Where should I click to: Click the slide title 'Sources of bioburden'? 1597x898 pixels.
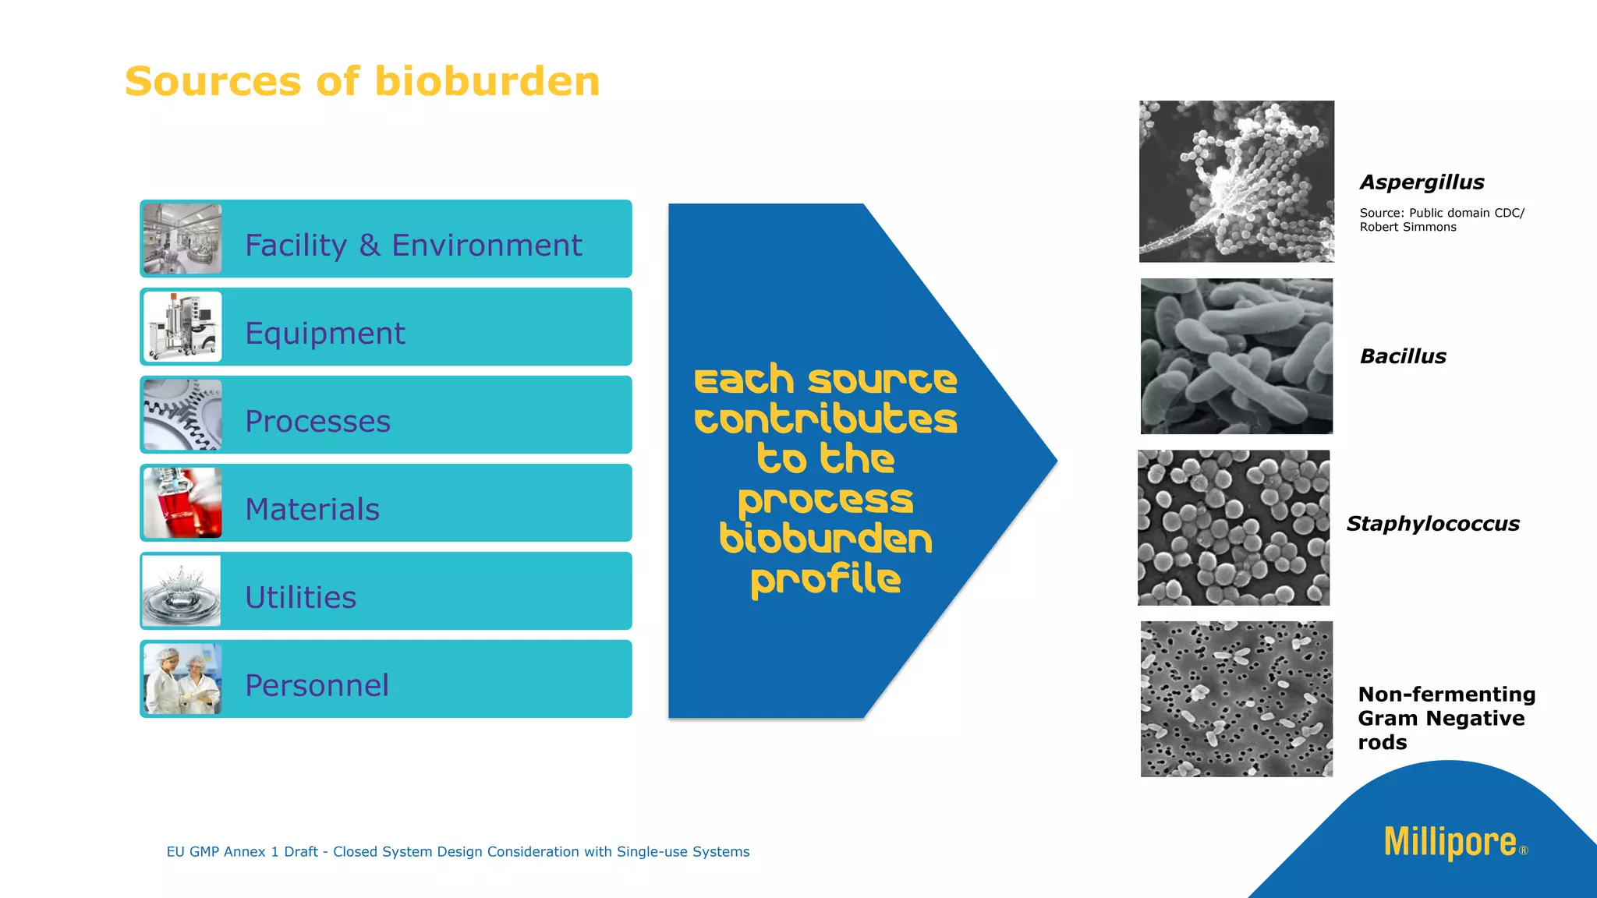362,82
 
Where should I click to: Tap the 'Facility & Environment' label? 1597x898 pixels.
413,246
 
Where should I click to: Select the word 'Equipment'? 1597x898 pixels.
324,334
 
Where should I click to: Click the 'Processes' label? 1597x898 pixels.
317,422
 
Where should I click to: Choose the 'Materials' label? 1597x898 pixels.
312,510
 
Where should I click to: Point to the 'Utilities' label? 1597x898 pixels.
300,598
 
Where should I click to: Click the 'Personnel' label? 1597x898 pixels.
317,686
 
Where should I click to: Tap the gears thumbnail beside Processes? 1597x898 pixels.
182,415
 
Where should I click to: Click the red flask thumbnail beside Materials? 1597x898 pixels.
182,503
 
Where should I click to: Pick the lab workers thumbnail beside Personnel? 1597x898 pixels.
182,679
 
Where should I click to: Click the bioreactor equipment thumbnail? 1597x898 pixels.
182,327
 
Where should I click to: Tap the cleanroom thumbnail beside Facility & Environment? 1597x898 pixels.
182,239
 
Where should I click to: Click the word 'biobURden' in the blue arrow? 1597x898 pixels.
825,539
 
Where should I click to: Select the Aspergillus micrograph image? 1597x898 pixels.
1236,181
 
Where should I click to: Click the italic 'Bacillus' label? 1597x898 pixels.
1402,357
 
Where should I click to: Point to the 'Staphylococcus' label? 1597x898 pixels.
1432,524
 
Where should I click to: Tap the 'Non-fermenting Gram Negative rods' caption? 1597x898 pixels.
1446,718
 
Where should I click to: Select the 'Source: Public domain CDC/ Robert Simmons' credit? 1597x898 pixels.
1441,220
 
